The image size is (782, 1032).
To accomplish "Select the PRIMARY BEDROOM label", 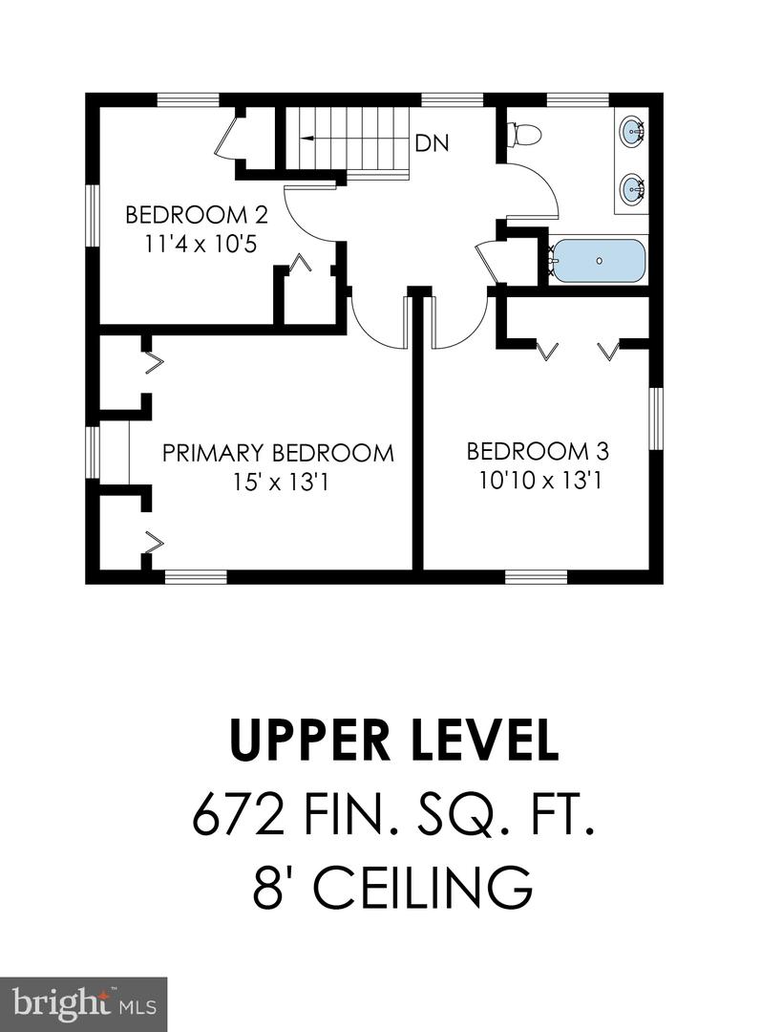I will click(x=278, y=453).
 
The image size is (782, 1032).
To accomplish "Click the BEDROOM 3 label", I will click(x=538, y=451).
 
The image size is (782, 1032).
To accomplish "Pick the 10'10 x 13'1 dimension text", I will click(x=539, y=481).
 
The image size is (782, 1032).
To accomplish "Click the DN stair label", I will click(x=432, y=144).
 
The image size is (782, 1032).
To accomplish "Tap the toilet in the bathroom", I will click(x=524, y=136).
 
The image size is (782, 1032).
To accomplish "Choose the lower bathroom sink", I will click(x=631, y=189).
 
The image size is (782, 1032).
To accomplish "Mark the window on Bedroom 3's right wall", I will click(x=655, y=419).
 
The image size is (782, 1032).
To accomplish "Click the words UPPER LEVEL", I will click(x=394, y=741).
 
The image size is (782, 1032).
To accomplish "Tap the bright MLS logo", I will click(x=83, y=1004).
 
